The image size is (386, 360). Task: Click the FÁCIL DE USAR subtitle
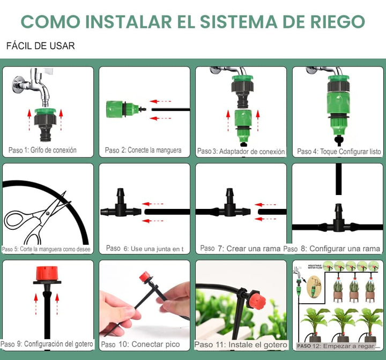tap(40, 46)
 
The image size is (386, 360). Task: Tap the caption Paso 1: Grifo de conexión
tap(42, 150)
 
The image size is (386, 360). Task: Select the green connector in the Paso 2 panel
tap(121, 108)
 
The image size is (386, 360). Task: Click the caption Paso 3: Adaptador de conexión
tap(241, 152)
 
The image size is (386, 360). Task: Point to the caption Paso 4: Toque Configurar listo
tap(339, 152)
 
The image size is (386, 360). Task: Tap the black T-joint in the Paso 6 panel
tap(120, 206)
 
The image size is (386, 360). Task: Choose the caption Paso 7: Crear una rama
tap(240, 249)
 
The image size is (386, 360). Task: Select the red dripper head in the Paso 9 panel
tap(47, 273)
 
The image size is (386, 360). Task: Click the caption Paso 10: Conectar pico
tap(140, 344)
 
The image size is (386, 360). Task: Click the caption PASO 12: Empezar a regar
tap(336, 346)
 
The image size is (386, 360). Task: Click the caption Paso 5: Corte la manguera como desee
tap(47, 249)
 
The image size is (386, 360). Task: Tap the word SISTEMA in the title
tap(249, 21)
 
